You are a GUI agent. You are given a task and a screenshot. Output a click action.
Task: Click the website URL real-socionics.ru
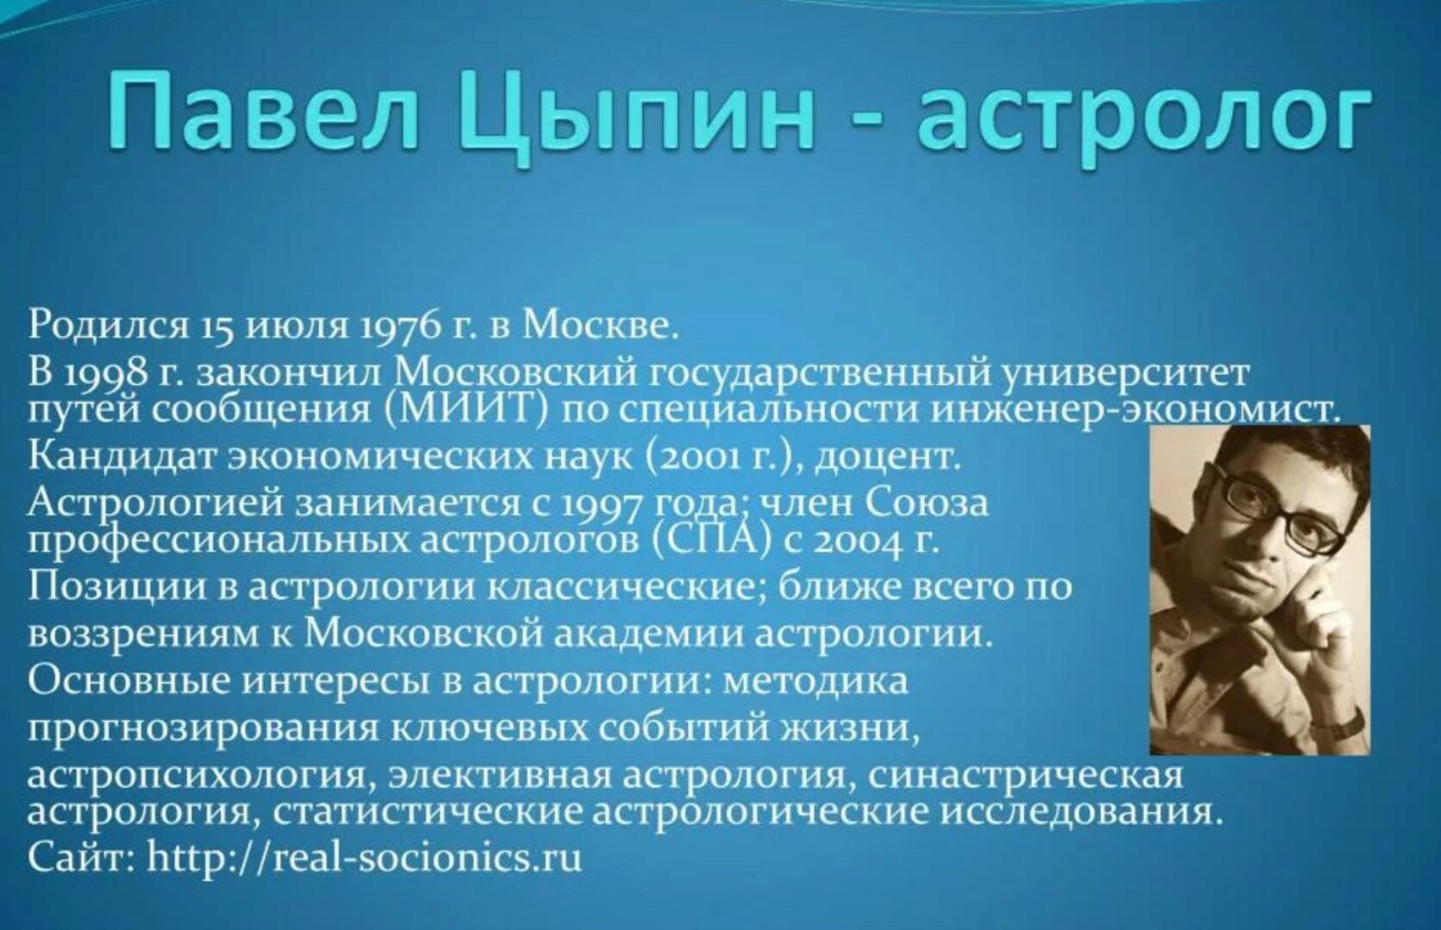click(365, 858)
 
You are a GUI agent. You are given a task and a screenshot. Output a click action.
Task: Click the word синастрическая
click(1026, 776)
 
